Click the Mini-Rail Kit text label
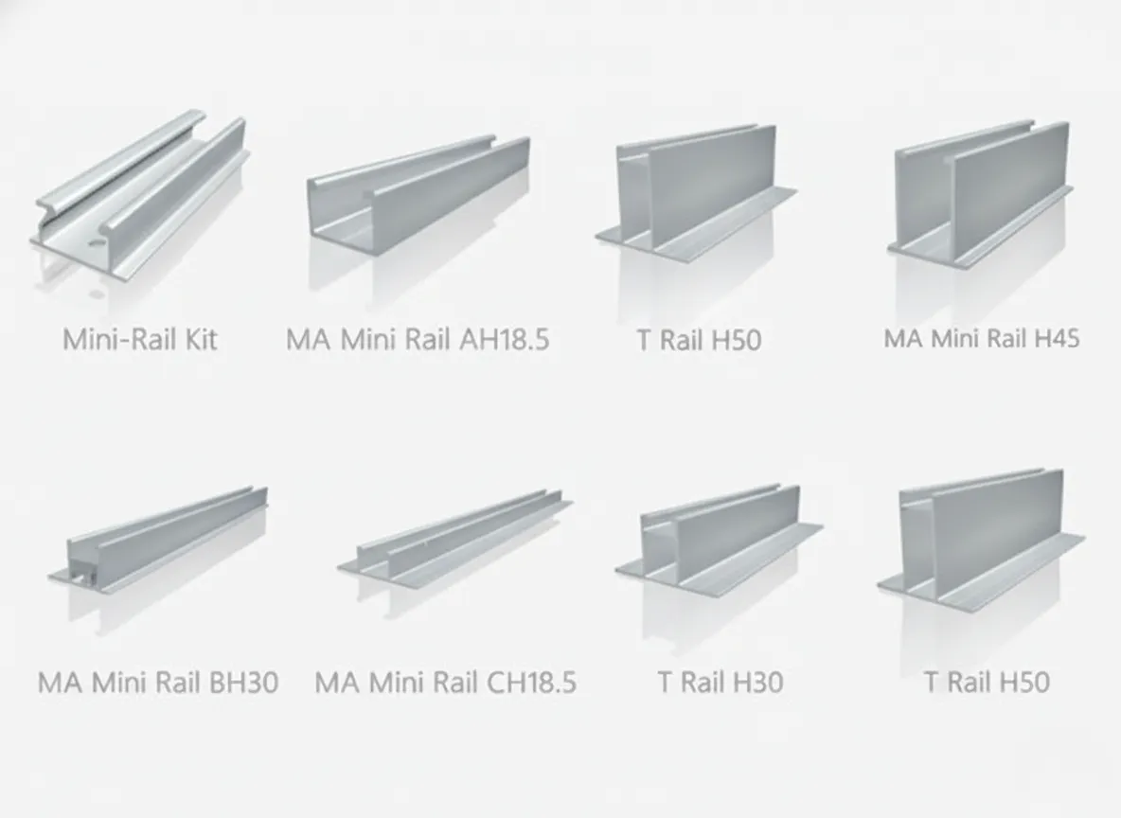coord(140,339)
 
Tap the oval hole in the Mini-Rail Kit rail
coord(95,243)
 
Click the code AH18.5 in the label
coord(504,339)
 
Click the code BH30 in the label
coord(243,683)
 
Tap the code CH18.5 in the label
coord(531,683)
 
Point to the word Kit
coord(201,339)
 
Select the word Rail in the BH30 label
coord(177,683)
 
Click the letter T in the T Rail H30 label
coord(665,683)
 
